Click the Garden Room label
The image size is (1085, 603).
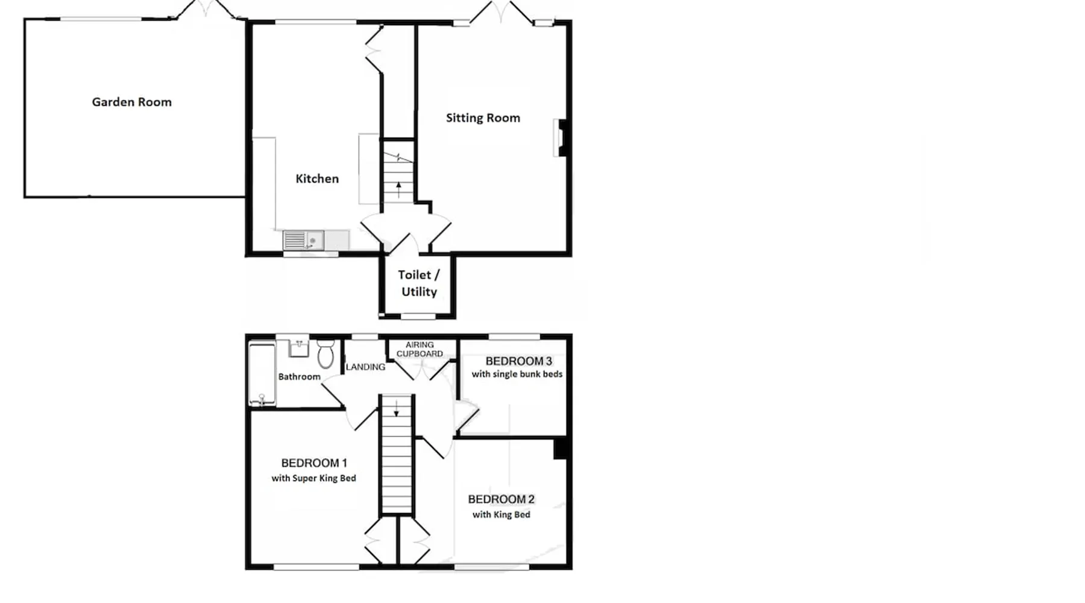131,102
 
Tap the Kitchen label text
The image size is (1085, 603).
317,178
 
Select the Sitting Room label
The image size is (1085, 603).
483,118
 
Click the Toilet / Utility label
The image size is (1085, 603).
419,283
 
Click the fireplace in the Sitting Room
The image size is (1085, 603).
561,138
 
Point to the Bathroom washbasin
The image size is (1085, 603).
299,348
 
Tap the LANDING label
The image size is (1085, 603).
365,367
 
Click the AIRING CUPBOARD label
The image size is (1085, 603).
420,349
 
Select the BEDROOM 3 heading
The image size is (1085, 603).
518,361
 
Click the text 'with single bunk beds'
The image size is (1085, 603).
517,374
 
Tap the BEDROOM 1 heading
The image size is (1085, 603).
314,463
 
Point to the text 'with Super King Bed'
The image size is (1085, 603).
313,478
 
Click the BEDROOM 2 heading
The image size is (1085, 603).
501,499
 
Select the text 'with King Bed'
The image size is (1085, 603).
501,514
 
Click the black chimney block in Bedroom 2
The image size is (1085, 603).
560,449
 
